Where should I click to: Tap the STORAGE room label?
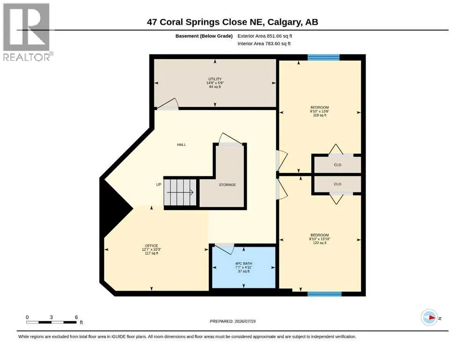[228, 185]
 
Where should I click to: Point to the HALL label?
[182, 144]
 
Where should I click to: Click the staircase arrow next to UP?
[180, 192]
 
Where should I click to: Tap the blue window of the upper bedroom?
[323, 57]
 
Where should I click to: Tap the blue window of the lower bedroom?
[325, 294]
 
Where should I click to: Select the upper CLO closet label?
[338, 165]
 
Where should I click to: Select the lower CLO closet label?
[338, 184]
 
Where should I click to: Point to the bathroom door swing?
[224, 249]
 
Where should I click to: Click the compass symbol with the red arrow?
[429, 317]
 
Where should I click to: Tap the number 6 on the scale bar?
[76, 317]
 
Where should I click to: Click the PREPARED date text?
[232, 321]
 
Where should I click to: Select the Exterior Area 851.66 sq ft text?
[265, 36]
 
